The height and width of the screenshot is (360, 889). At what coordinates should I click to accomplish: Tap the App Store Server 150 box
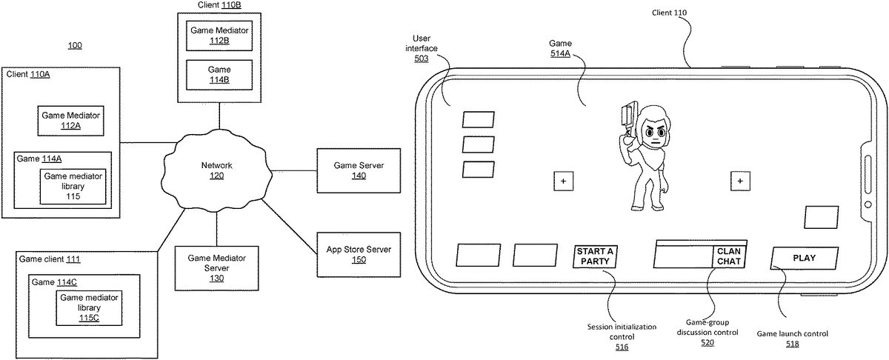tap(359, 253)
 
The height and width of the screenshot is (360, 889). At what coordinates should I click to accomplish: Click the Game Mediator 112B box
tap(219, 36)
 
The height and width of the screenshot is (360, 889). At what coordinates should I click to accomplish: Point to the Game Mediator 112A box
tap(70, 121)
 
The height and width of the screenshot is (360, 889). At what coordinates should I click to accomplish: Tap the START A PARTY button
tap(596, 256)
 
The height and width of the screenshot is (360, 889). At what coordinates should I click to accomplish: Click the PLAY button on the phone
tap(804, 258)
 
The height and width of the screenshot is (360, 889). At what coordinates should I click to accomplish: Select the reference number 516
tap(621, 347)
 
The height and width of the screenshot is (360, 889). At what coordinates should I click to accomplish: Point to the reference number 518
tap(792, 344)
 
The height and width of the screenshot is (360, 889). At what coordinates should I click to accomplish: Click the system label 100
tap(75, 45)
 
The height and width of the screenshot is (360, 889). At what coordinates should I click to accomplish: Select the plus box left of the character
tap(562, 181)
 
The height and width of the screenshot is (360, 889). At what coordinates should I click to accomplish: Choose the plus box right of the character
tap(739, 181)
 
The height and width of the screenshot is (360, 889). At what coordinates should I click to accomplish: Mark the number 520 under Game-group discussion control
tap(707, 342)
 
